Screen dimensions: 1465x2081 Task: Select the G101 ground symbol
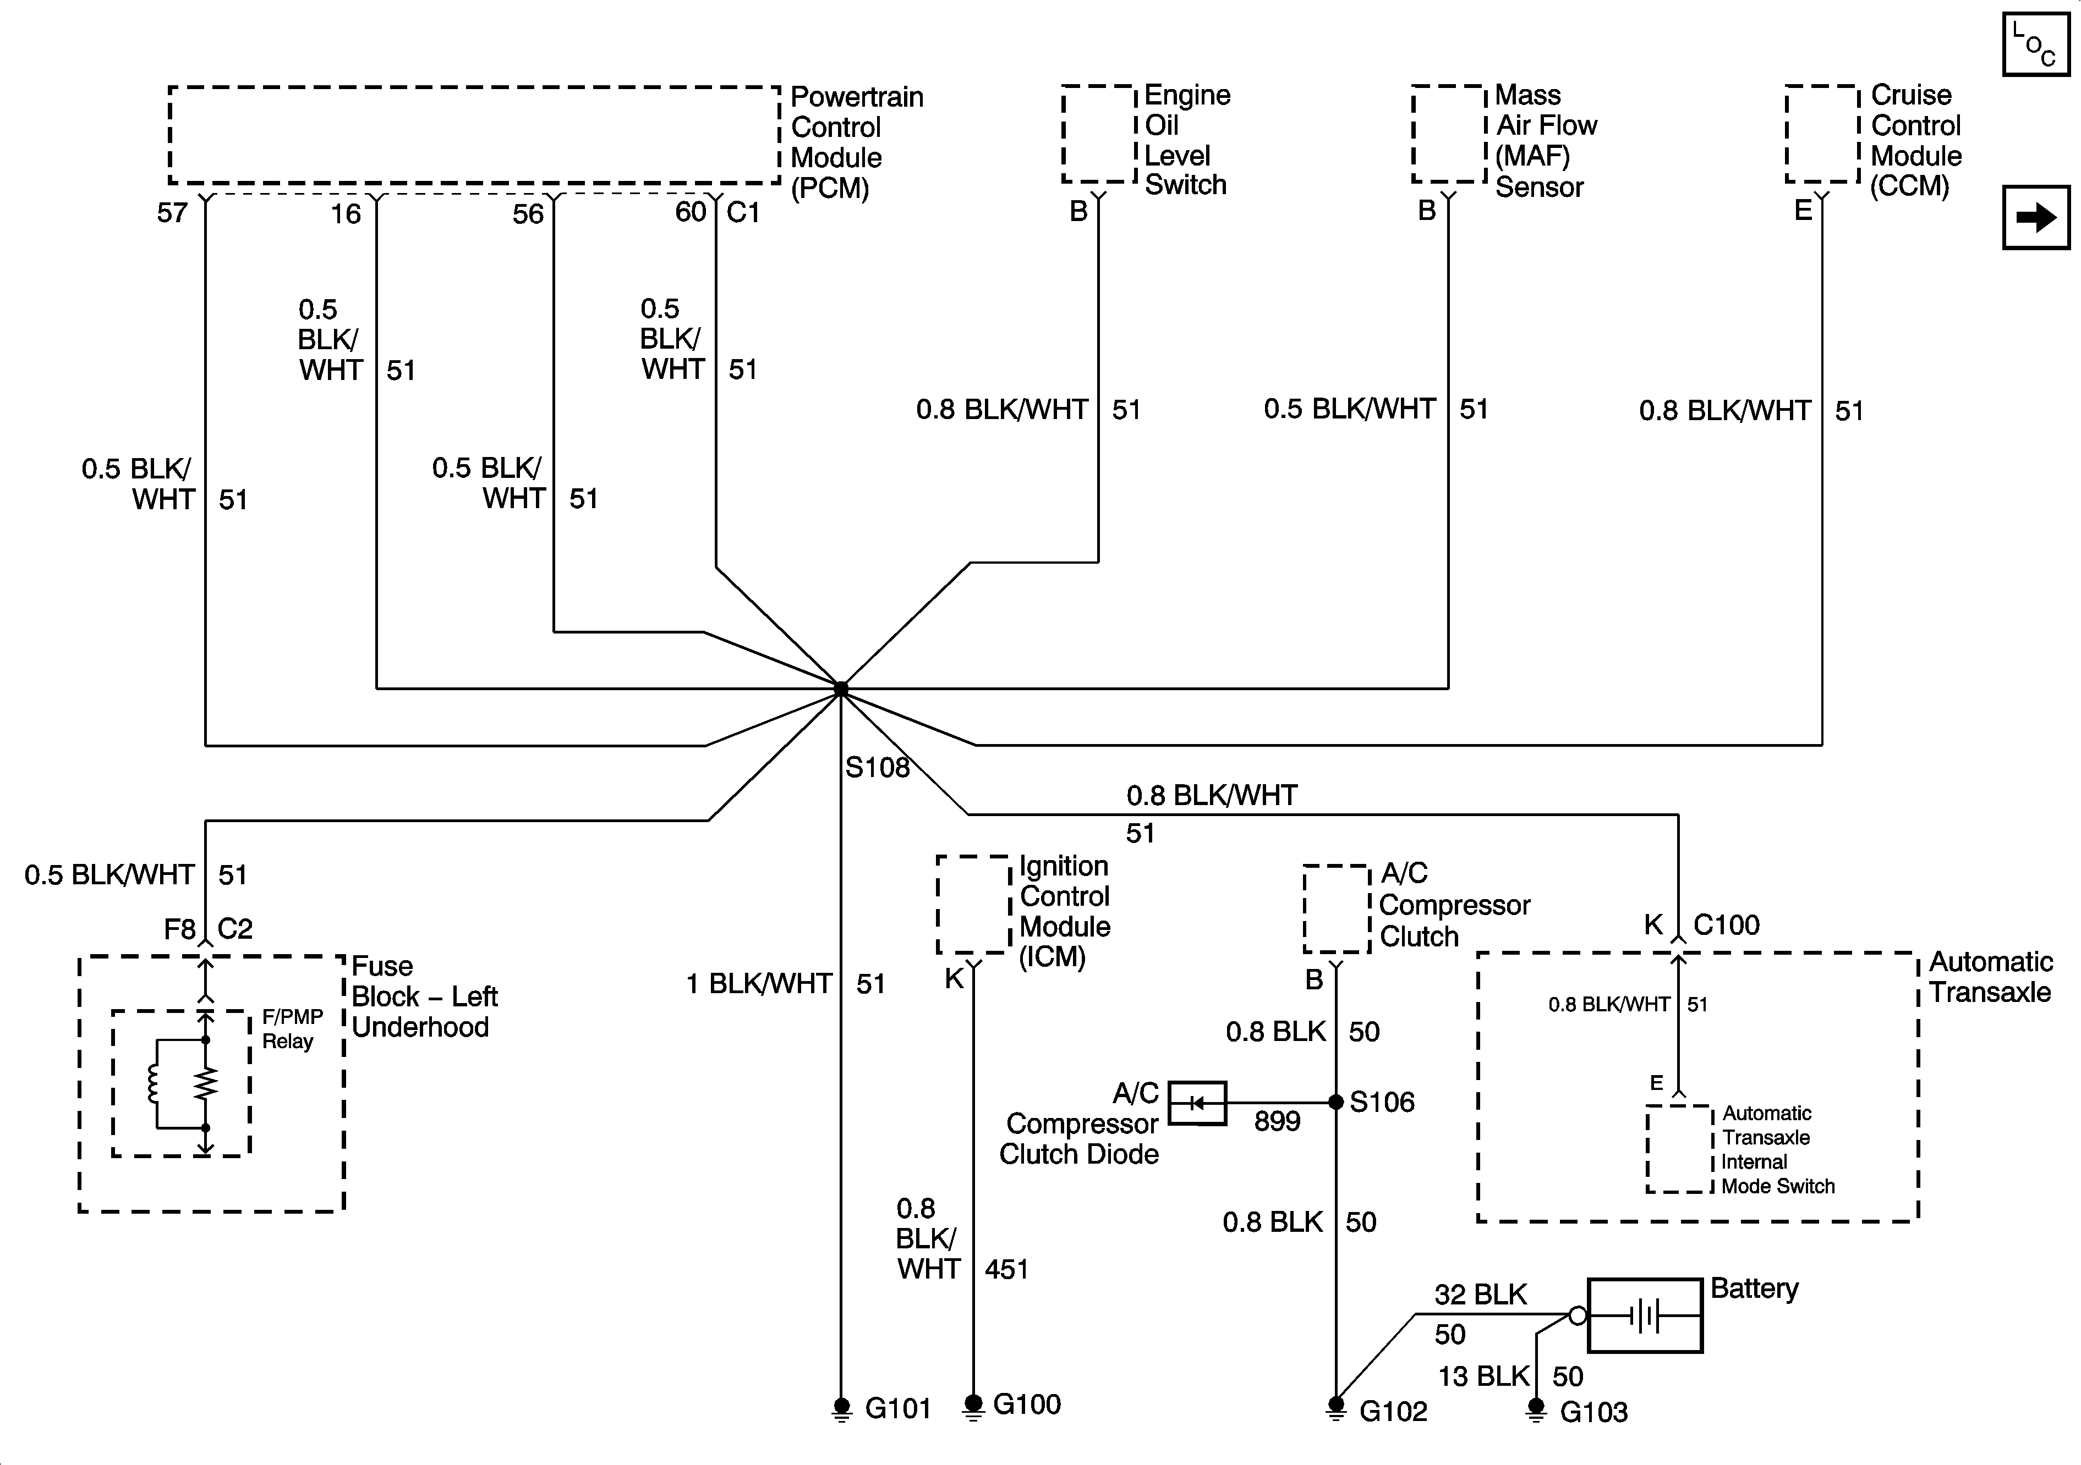tap(841, 1409)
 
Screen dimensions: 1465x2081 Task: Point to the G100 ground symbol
tap(973, 1405)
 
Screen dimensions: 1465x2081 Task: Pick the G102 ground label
tap(1393, 1411)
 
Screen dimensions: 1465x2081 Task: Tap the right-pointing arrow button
tap(2036, 217)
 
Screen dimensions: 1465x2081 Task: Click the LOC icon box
tap(2036, 45)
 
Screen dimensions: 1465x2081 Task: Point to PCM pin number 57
tap(172, 213)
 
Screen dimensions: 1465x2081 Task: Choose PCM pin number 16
tap(346, 214)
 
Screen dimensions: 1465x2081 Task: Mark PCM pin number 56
tap(528, 214)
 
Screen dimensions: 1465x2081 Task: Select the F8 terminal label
tap(179, 929)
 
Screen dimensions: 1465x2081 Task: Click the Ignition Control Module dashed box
tap(973, 904)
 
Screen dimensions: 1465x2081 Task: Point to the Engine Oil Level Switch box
tap(1098, 134)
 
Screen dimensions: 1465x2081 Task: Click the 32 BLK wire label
tap(1480, 1295)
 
